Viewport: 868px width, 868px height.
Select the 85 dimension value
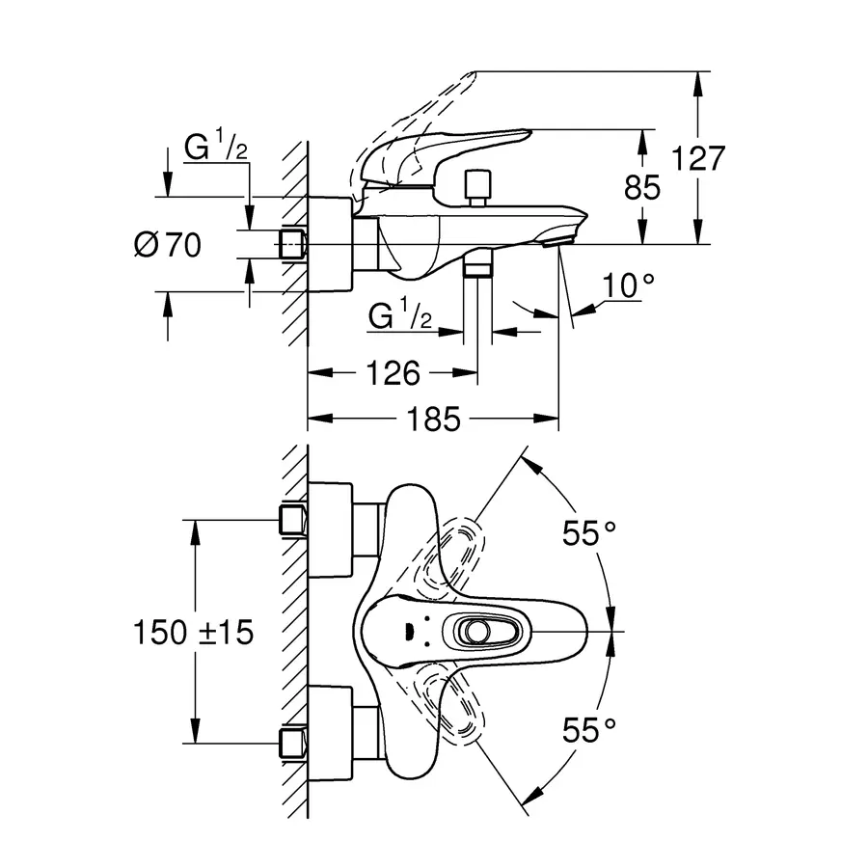(x=642, y=188)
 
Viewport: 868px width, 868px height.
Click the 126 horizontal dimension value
(x=393, y=372)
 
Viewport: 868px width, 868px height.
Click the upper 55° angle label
(x=589, y=532)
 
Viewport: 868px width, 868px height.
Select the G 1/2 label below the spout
(x=397, y=316)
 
